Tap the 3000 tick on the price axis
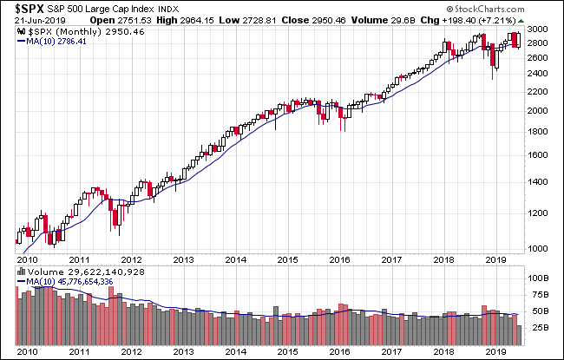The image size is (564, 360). click(x=538, y=29)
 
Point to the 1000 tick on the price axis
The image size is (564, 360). click(x=538, y=249)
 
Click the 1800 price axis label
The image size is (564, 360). click(x=538, y=132)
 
